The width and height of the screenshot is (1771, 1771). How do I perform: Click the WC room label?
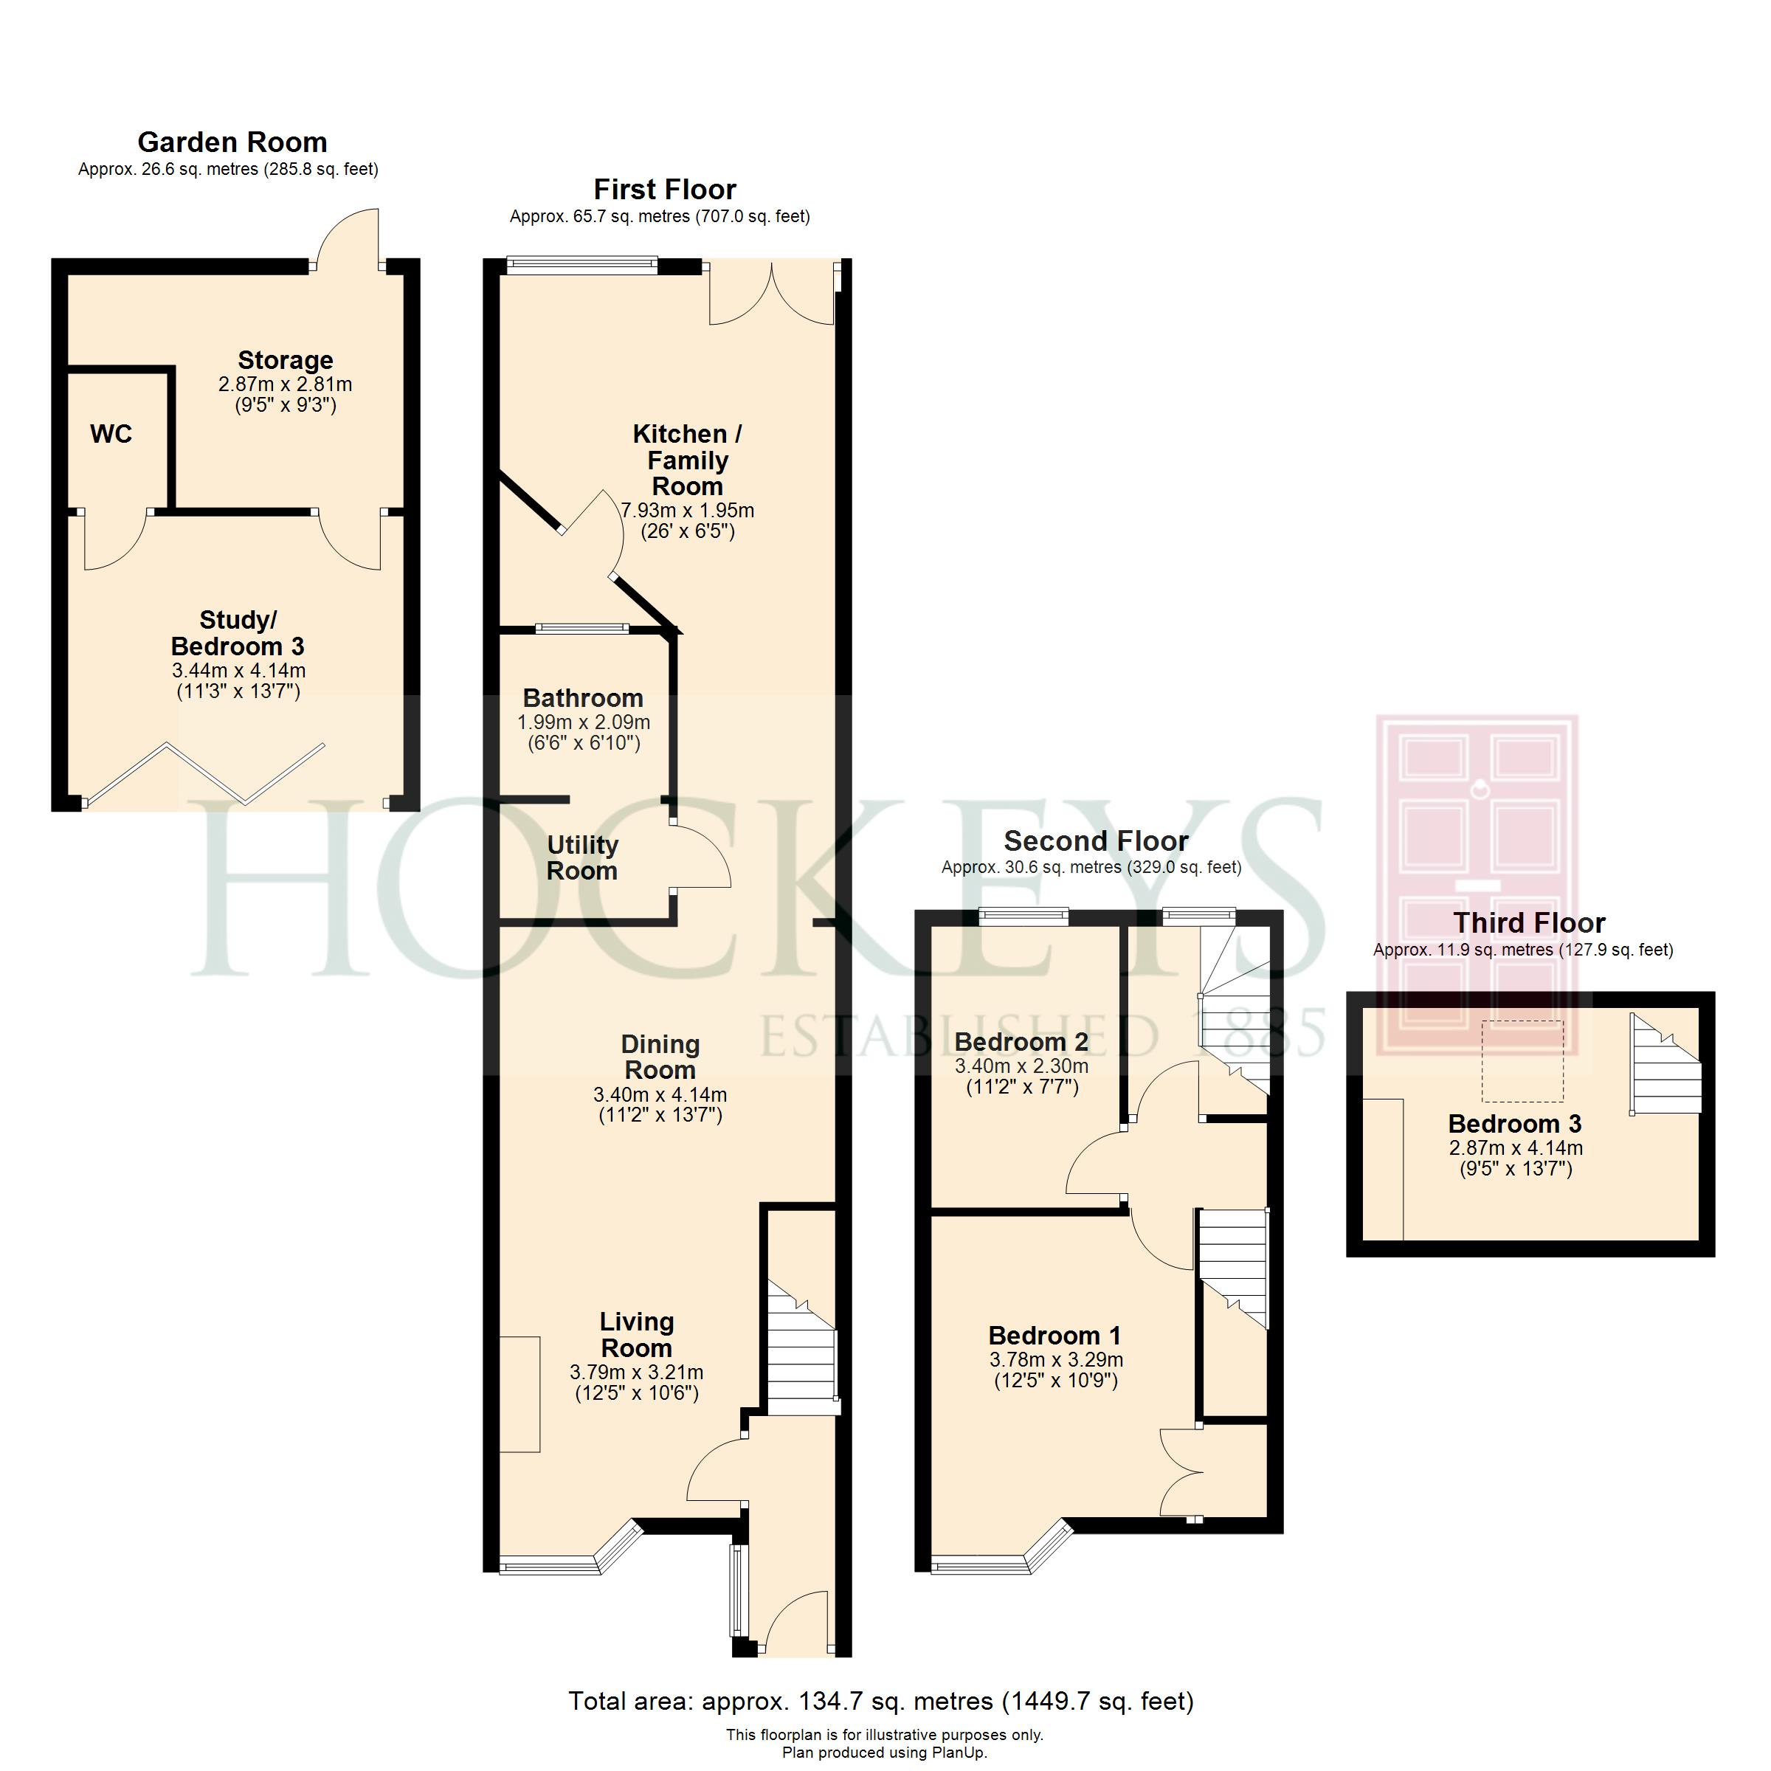click(x=111, y=434)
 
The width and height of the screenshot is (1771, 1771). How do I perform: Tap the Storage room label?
click(x=285, y=359)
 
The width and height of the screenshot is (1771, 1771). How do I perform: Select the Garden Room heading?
click(x=232, y=142)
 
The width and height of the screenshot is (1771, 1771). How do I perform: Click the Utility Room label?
click(x=582, y=858)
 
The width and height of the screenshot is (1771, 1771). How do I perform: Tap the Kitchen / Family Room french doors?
click(x=772, y=294)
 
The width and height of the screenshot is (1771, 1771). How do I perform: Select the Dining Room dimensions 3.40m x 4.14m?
click(x=660, y=1094)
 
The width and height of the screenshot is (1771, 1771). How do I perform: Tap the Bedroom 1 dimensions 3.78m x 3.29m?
click(x=1056, y=1359)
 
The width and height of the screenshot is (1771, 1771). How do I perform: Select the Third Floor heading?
click(x=1529, y=922)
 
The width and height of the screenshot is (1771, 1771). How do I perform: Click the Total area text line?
click(x=881, y=1702)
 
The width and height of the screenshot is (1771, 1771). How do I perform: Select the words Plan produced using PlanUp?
click(x=885, y=1753)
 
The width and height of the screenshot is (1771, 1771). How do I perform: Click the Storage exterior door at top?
click(x=347, y=239)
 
